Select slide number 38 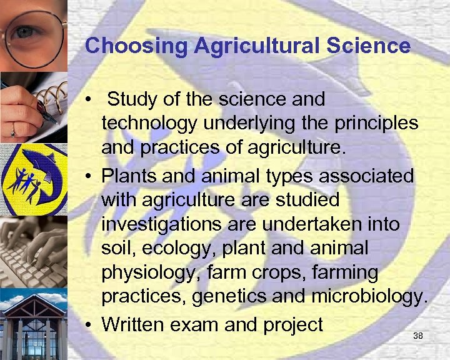(418, 336)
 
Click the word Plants (128, 175)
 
